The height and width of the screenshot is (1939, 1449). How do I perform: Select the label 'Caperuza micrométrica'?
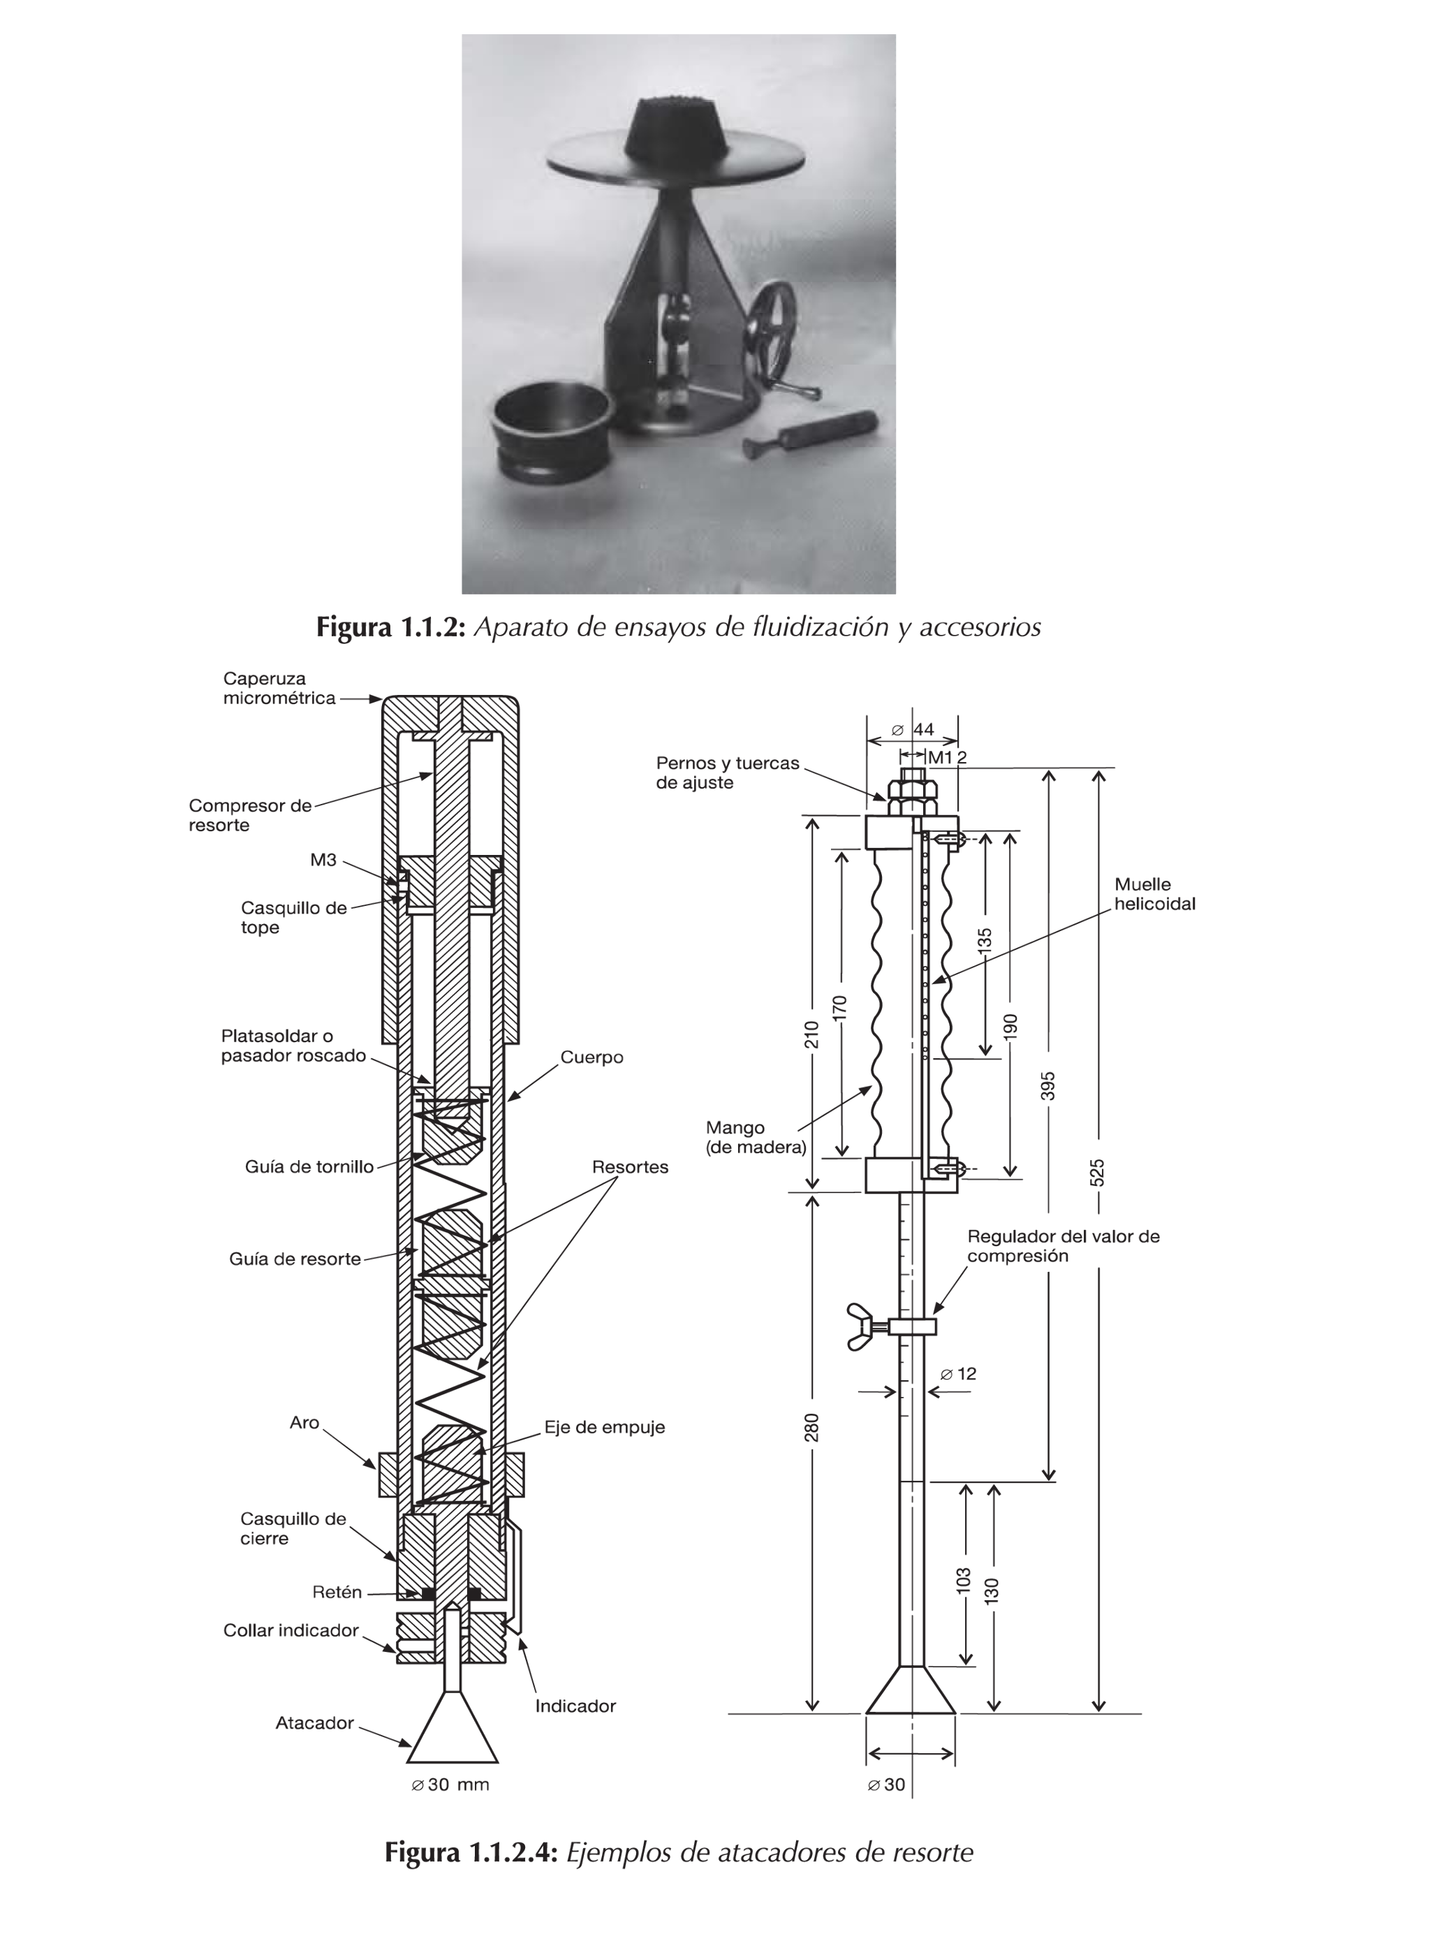pyautogui.click(x=278, y=688)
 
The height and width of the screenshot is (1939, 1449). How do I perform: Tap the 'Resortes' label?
pyautogui.click(x=629, y=1166)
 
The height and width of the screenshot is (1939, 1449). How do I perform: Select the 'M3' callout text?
pyautogui.click(x=323, y=860)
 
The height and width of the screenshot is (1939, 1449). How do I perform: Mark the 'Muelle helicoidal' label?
pyautogui.click(x=1154, y=894)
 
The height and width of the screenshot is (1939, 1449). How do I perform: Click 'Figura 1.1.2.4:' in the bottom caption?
pyautogui.click(x=471, y=1852)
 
